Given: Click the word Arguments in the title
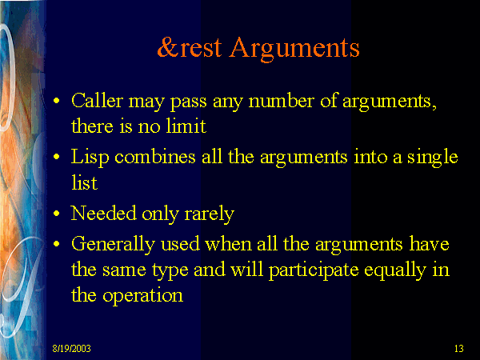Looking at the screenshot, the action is click(x=294, y=50).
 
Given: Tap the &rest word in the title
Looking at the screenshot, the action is click(x=190, y=47).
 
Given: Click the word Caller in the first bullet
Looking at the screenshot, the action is click(x=97, y=101).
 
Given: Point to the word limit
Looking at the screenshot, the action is click(x=186, y=126).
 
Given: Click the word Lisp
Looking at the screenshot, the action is click(x=90, y=158).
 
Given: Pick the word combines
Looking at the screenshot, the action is click(x=155, y=157).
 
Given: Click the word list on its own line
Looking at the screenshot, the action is click(x=84, y=182).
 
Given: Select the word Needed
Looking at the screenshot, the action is click(x=103, y=213).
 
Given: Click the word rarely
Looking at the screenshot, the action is click(x=209, y=214).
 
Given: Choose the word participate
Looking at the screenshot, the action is click(x=314, y=271).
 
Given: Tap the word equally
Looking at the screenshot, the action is click(x=395, y=271).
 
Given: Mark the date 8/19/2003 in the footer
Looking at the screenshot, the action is click(x=72, y=348).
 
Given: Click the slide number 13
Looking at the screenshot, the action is click(x=459, y=348).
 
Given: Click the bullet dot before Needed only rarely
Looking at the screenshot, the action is click(x=56, y=214).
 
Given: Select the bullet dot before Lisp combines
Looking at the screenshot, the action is click(x=56, y=157).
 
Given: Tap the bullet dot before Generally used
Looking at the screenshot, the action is click(x=56, y=244).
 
